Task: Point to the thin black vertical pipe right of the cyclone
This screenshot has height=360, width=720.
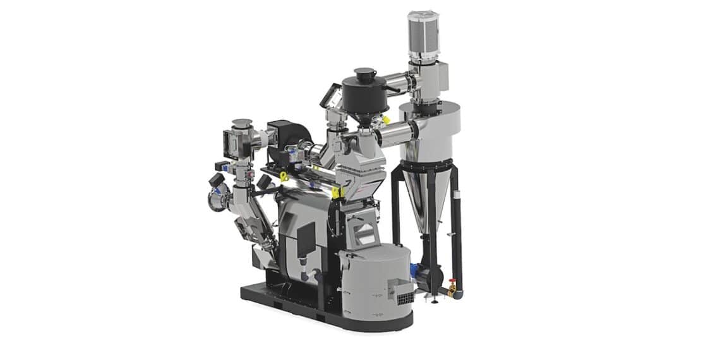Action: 459,234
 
